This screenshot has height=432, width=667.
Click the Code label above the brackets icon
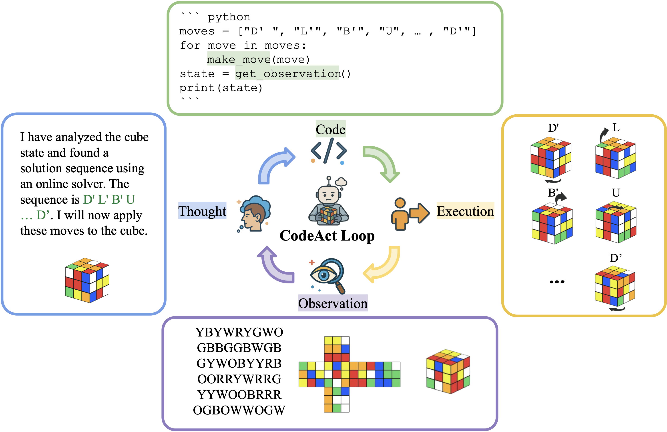point(330,129)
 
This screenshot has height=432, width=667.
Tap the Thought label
point(202,211)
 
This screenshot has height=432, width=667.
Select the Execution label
point(465,211)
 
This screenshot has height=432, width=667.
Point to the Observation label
point(333,303)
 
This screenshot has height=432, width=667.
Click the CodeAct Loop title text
point(327,236)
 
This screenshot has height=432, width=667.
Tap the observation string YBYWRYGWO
point(239,332)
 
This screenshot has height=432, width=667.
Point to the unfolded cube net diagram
point(349,374)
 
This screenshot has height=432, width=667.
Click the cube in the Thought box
point(87,280)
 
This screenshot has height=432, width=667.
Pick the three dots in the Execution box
point(557,282)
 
